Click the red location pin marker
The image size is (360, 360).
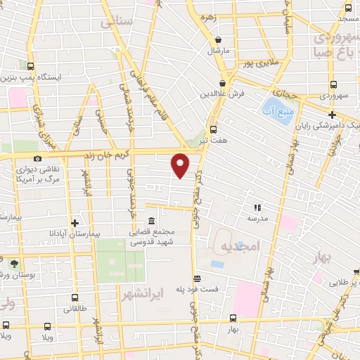pos(181,164)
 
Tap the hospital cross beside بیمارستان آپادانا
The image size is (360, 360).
pos(74,223)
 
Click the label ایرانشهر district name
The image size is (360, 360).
pos(142,290)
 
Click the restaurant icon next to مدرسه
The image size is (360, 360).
pos(257,207)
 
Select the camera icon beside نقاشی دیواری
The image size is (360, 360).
pos(37,159)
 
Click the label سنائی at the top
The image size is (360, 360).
pos(117,22)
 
